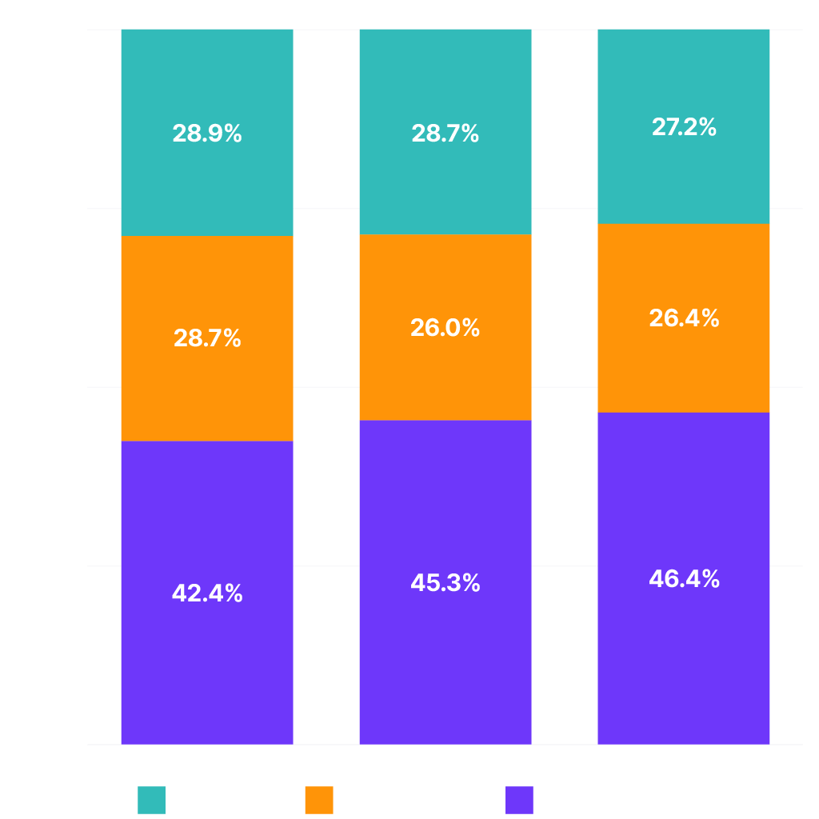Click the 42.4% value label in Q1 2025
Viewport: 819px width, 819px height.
[x=207, y=593]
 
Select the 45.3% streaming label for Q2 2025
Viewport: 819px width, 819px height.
[x=445, y=583]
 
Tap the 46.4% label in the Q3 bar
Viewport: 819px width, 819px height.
[x=684, y=579]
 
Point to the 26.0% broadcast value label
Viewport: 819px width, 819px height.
[x=445, y=327]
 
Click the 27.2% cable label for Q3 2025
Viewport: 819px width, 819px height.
[x=684, y=127]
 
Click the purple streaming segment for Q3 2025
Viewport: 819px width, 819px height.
[x=684, y=656]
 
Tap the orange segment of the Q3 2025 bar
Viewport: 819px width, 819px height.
[x=684, y=360]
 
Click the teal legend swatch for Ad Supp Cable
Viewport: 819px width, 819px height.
[x=151, y=800]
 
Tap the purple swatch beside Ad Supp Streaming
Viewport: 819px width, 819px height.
[x=520, y=800]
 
